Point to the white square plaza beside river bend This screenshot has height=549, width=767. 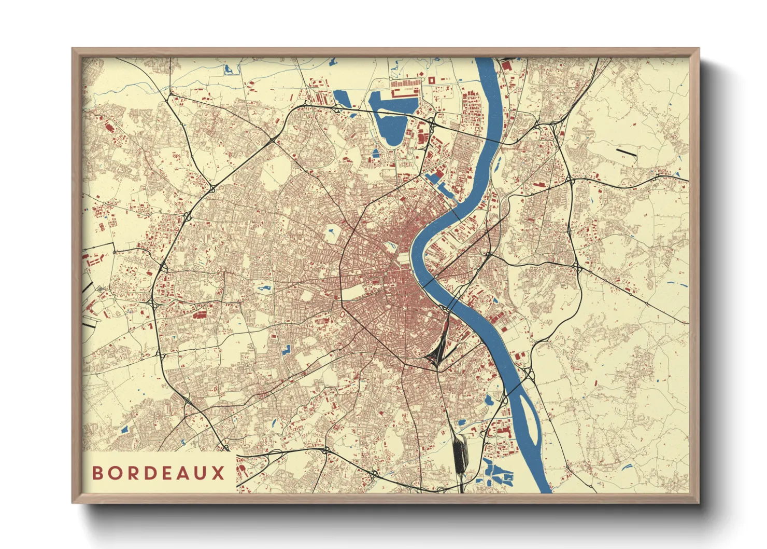tap(402, 258)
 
